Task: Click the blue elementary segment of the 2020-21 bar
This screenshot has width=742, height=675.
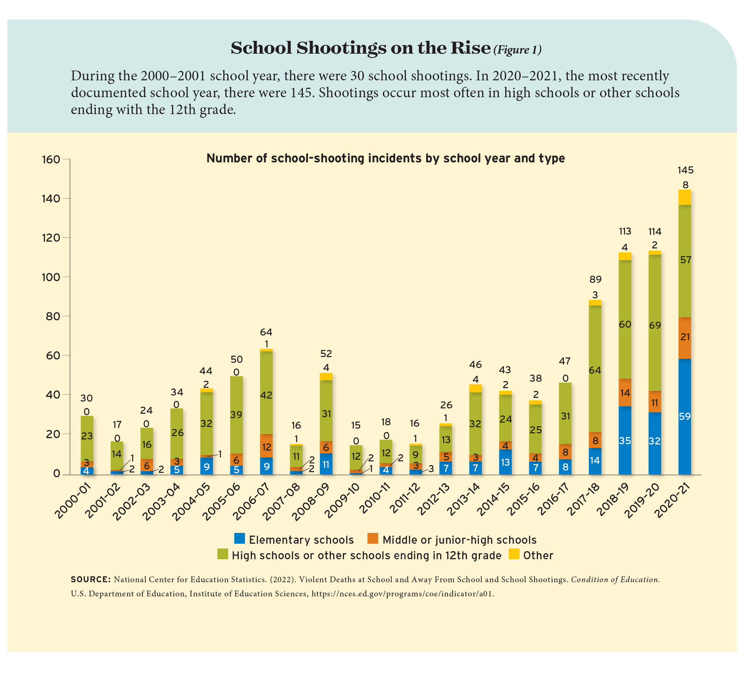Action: pyautogui.click(x=685, y=416)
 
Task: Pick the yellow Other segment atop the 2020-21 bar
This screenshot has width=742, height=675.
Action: pyautogui.click(x=685, y=197)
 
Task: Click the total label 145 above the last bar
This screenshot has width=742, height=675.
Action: pyautogui.click(x=685, y=170)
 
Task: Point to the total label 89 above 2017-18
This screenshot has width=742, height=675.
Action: pyautogui.click(x=596, y=279)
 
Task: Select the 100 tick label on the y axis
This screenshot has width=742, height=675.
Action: pyautogui.click(x=51, y=277)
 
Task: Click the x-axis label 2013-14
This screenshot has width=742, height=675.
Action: pyautogui.click(x=465, y=502)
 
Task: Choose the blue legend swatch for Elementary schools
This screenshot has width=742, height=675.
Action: pyautogui.click(x=239, y=538)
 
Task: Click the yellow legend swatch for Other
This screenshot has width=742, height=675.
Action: pyautogui.click(x=514, y=554)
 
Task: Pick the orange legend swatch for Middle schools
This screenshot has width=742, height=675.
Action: pyautogui.click(x=373, y=538)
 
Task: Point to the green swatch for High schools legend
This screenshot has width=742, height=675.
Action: pyautogui.click(x=223, y=554)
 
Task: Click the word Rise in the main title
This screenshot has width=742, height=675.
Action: pyautogui.click(x=473, y=48)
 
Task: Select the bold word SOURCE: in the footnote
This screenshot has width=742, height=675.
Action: pyautogui.click(x=90, y=579)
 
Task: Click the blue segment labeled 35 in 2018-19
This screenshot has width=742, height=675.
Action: pyautogui.click(x=625, y=440)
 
